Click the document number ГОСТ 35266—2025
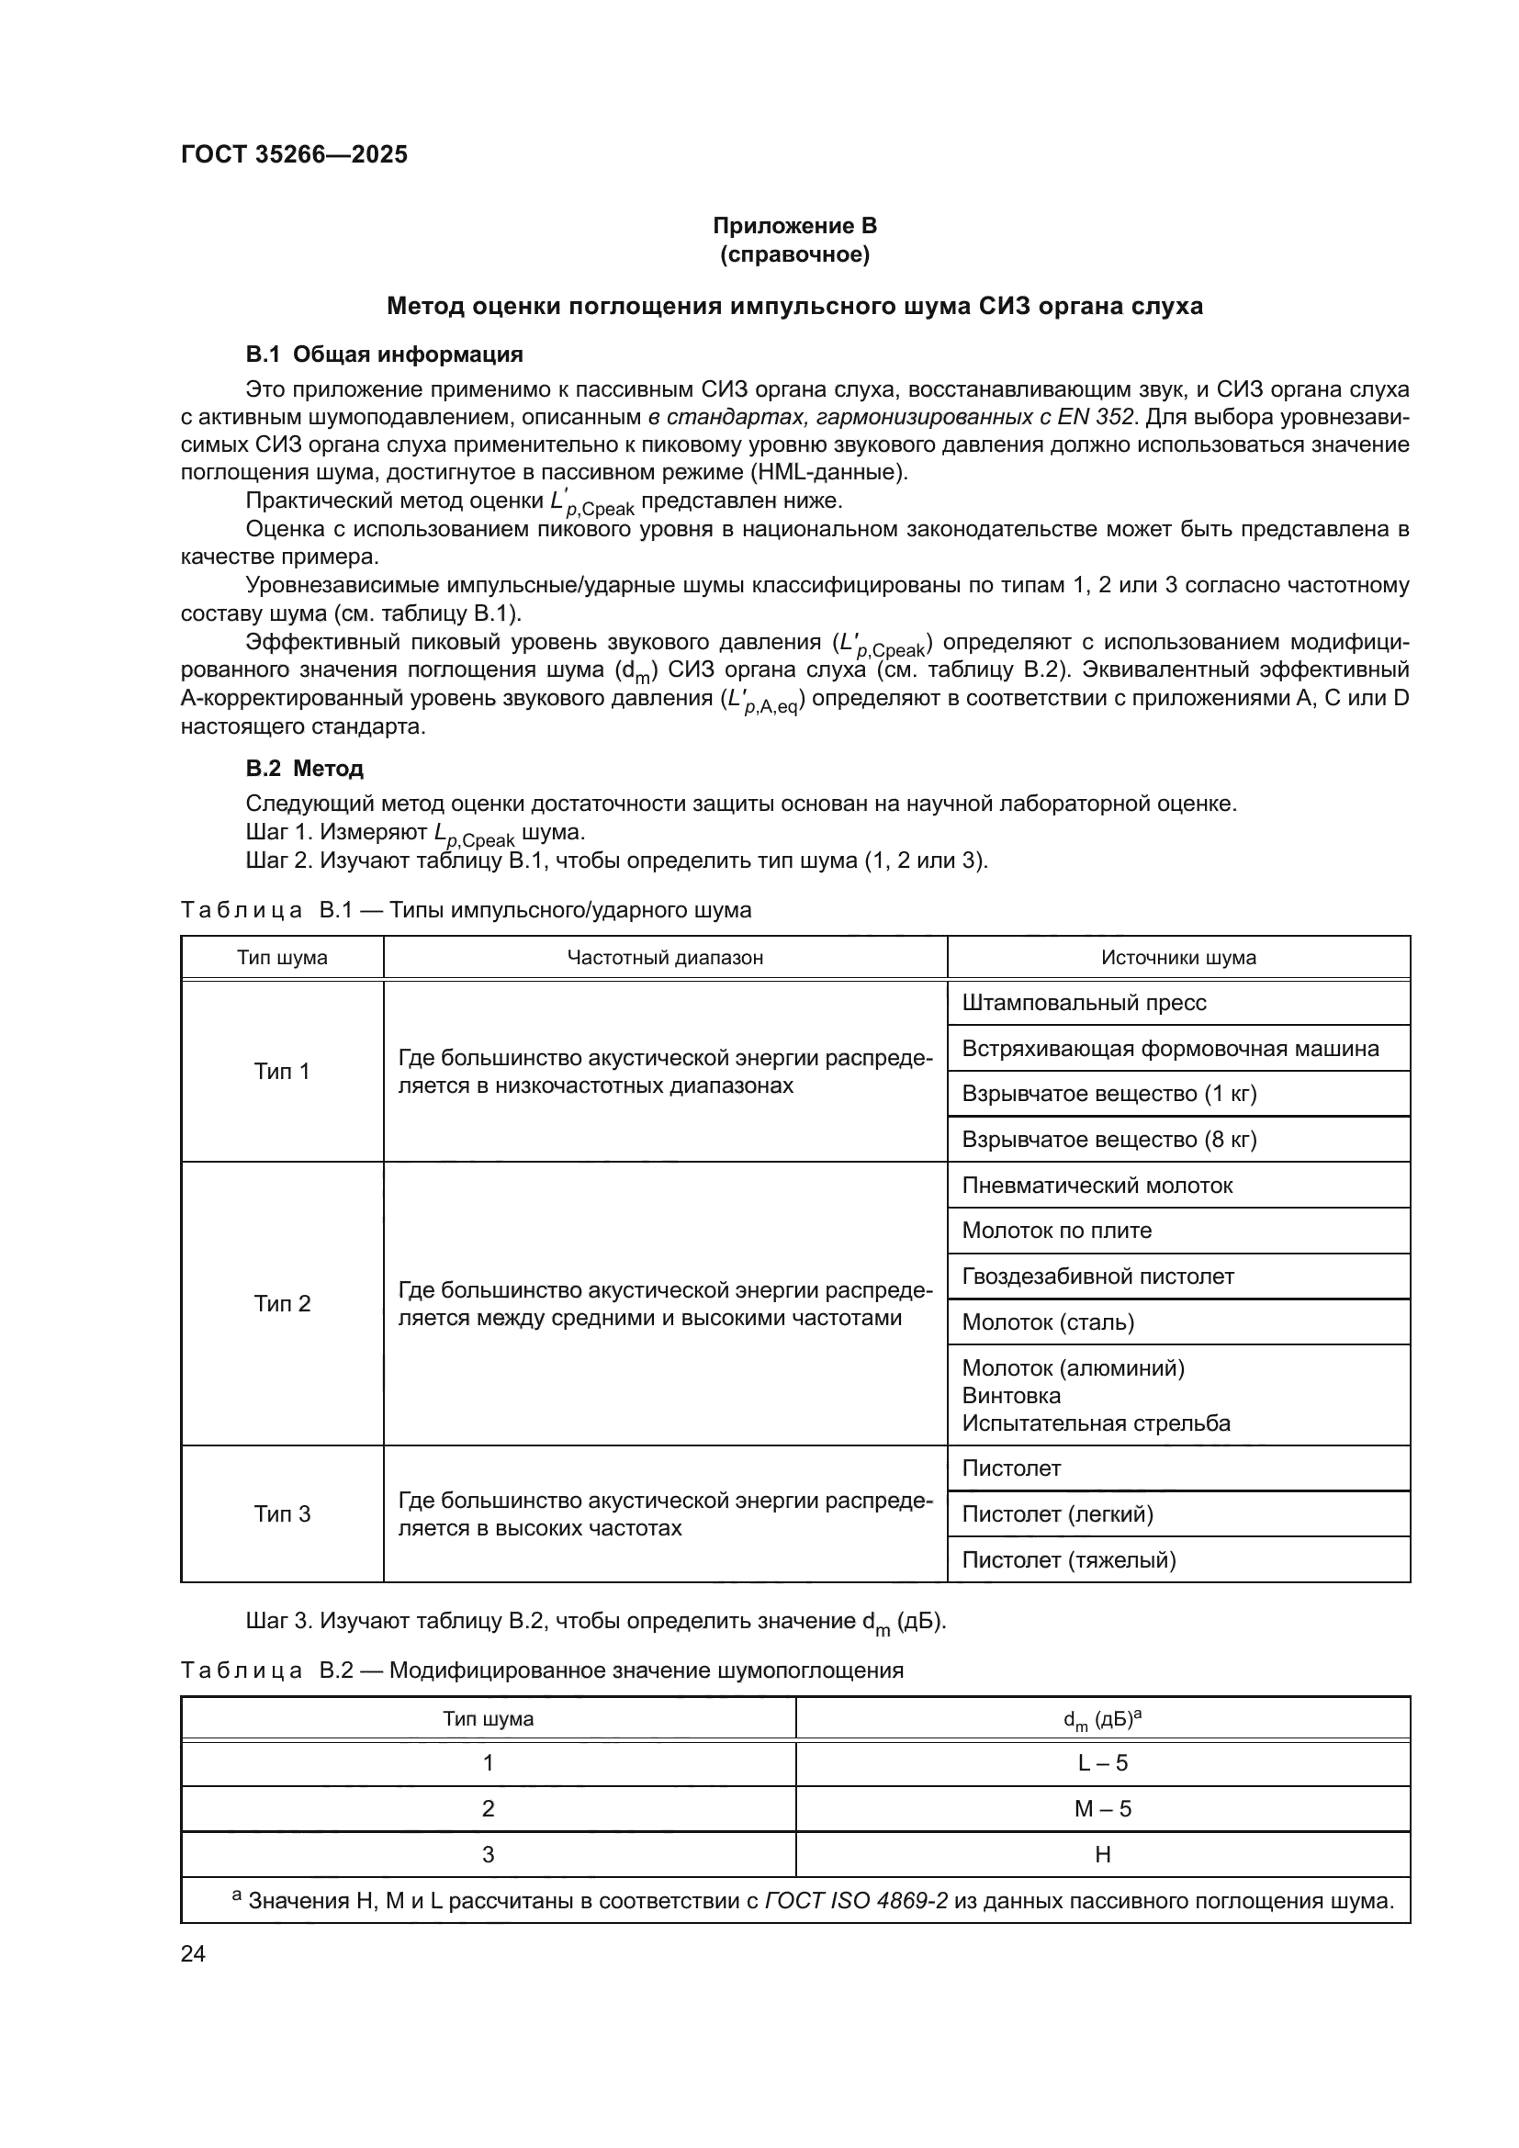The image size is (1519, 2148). click(x=294, y=154)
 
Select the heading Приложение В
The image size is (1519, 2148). click(x=794, y=226)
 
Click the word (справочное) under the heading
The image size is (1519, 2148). click(x=794, y=254)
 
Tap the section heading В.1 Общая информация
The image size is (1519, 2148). click(x=385, y=354)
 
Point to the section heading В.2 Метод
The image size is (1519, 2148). click(x=304, y=768)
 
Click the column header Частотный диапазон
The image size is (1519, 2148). click(x=665, y=957)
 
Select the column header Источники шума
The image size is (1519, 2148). click(x=1177, y=957)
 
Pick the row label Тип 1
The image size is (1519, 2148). click(x=282, y=1071)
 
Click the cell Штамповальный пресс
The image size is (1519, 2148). click(x=1084, y=1003)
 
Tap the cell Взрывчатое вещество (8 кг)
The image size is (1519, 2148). click(x=1109, y=1140)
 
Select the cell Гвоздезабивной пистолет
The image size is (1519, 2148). click(x=1098, y=1276)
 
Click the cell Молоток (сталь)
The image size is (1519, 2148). click(x=1048, y=1321)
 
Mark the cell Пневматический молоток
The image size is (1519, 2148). click(x=1097, y=1186)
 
